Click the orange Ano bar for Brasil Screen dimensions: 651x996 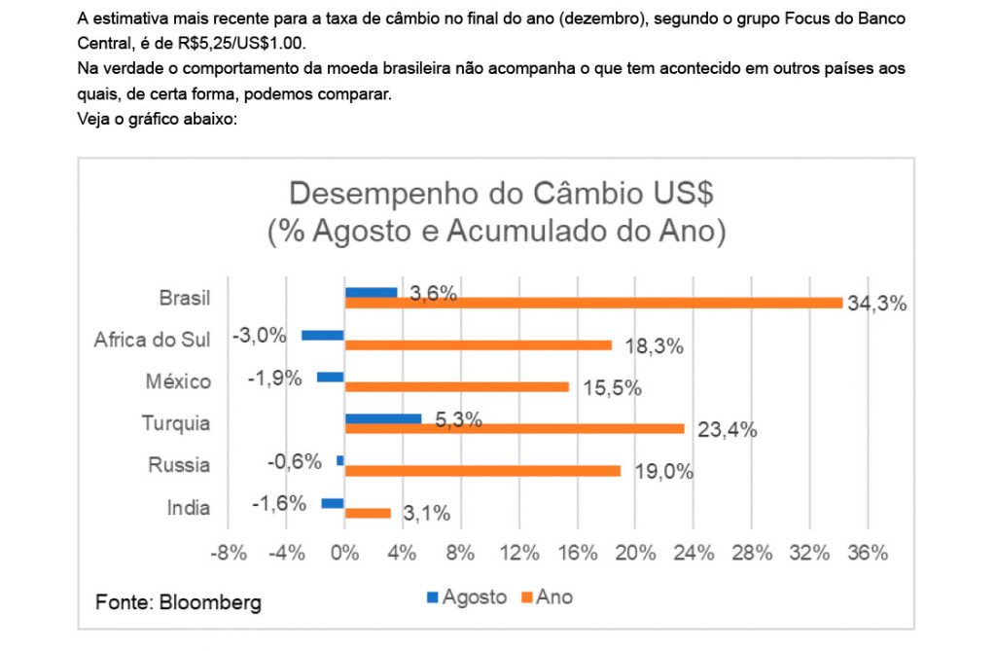(x=593, y=303)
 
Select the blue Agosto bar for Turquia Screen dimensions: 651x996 (x=383, y=418)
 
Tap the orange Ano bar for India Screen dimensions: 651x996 (x=368, y=513)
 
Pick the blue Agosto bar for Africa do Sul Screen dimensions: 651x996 (x=323, y=335)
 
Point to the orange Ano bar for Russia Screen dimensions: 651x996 (x=482, y=471)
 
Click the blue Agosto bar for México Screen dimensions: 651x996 (x=331, y=377)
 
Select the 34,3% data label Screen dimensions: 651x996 (x=877, y=304)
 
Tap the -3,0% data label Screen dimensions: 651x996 (x=260, y=336)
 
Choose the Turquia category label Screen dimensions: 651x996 (x=176, y=423)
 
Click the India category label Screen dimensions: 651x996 (x=188, y=507)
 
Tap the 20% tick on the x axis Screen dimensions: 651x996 (x=634, y=553)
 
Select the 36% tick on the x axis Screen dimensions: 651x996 (x=868, y=553)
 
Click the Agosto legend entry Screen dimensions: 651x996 (x=468, y=597)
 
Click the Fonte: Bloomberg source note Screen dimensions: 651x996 (x=178, y=602)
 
